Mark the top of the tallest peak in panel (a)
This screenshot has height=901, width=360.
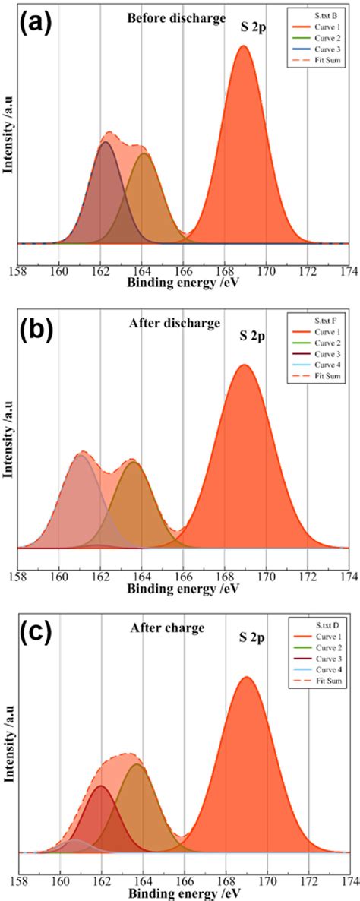click(244, 46)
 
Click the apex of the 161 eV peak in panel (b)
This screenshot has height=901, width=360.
click(81, 453)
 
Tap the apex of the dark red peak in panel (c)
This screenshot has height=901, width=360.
click(100, 786)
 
